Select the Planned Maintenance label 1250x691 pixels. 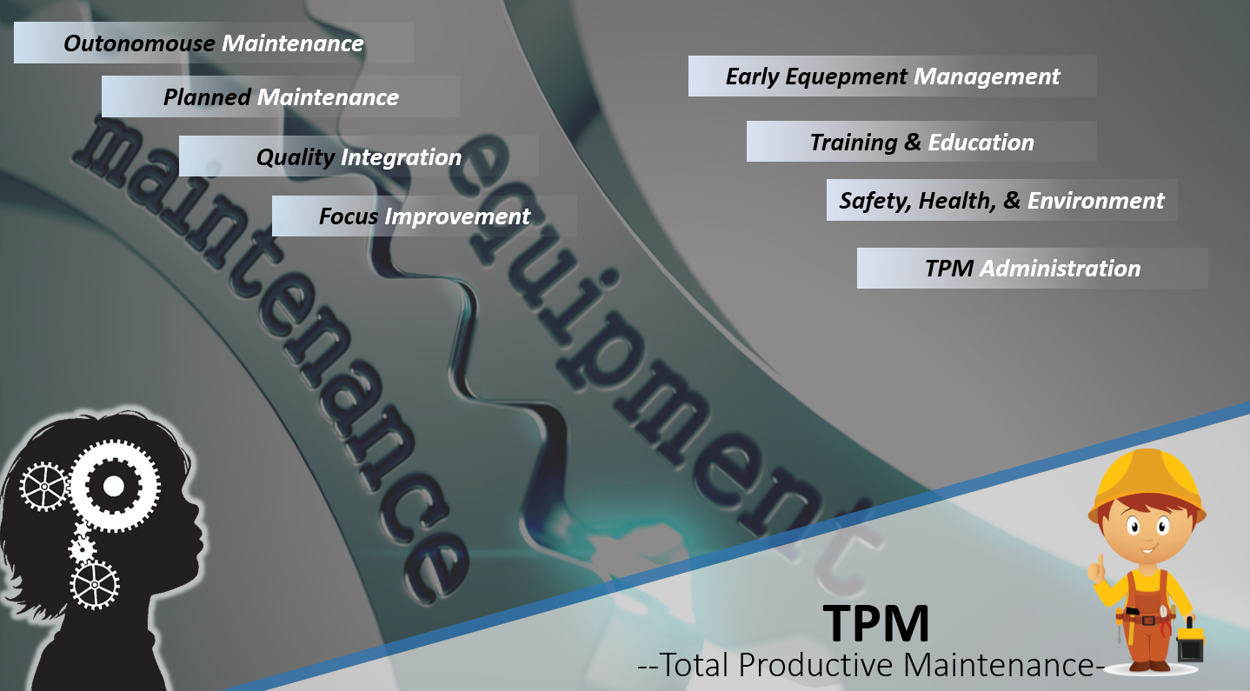point(281,97)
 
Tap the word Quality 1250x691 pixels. point(296,157)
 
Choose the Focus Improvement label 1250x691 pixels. point(424,216)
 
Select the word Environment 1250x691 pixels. point(1095,201)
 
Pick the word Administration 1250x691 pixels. point(1060,269)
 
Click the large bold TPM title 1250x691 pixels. point(876,622)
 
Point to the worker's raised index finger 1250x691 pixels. point(1099,563)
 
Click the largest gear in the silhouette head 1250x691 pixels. point(114,486)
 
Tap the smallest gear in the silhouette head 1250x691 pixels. point(82,548)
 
